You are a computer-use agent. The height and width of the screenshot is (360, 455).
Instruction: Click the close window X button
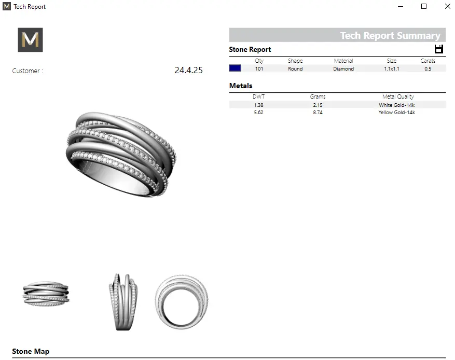coord(447,6)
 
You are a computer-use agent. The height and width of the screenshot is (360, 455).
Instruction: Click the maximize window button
coord(424,6)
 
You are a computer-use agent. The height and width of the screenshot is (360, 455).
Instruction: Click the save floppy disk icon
coord(439,49)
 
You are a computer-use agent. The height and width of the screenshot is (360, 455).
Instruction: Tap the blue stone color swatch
coord(235,68)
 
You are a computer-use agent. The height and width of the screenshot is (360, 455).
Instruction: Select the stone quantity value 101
coord(259,69)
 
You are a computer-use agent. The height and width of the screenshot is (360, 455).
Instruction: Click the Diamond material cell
coord(343,69)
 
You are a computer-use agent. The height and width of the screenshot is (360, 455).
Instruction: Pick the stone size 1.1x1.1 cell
coord(392,69)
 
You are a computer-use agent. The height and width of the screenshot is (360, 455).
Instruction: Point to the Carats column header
coord(428,61)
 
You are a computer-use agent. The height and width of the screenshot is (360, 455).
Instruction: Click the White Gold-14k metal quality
coord(397,105)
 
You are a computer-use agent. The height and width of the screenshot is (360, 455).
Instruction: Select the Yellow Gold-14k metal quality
coord(397,112)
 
